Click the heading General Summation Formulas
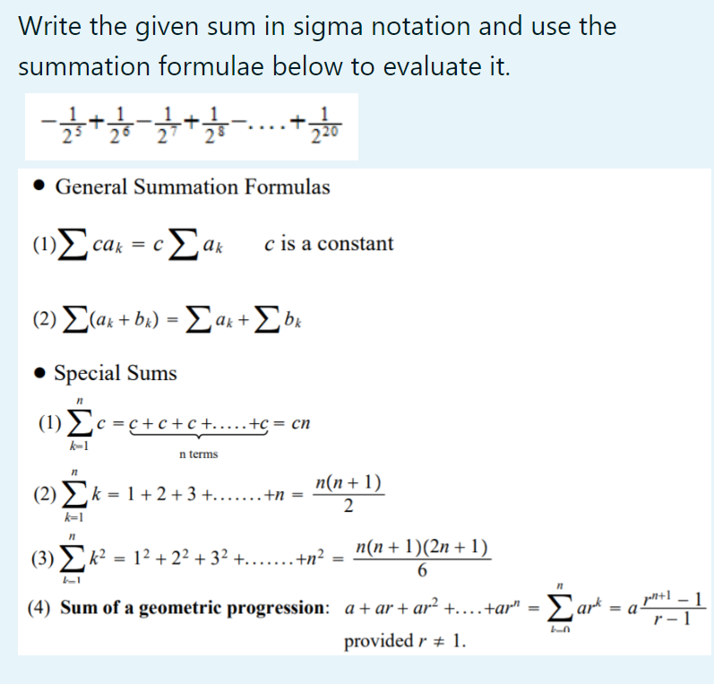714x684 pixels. [x=193, y=187]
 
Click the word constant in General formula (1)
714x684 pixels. [x=354, y=244]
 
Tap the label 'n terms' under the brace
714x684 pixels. [x=198, y=455]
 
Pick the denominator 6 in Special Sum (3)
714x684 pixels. [x=422, y=572]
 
